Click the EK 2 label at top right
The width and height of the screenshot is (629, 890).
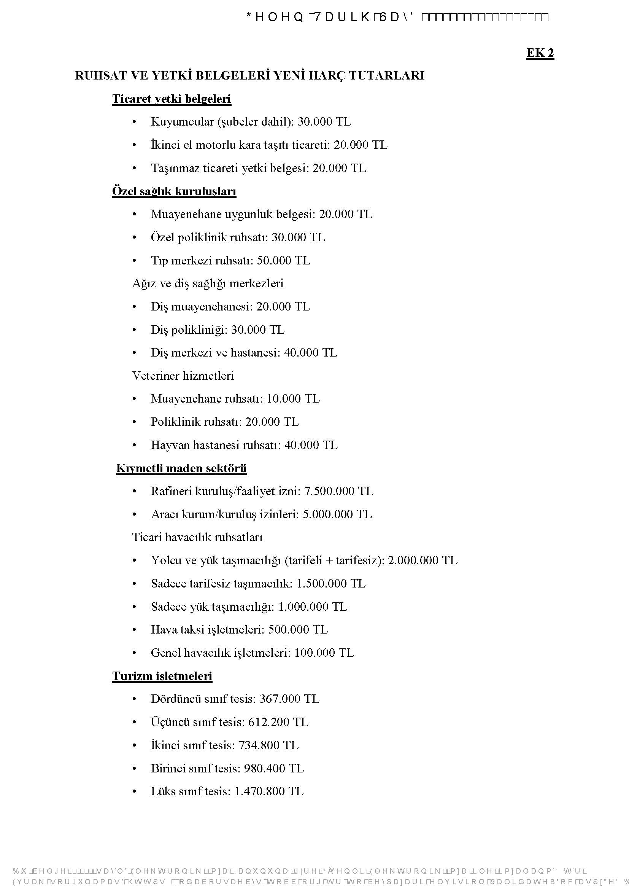pos(540,53)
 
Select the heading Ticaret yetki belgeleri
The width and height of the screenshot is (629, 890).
pos(172,99)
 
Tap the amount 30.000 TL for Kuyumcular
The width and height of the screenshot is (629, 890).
pos(324,122)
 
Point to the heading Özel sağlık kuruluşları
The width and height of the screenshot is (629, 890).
pos(174,191)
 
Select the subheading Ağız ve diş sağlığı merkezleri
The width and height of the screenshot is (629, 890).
pos(208,283)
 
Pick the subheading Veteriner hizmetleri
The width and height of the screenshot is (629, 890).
pos(183,376)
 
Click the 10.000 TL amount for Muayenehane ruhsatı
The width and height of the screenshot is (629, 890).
pos(293,398)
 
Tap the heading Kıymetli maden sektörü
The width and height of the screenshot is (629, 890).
pos(181,468)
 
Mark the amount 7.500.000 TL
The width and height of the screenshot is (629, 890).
pos(338,491)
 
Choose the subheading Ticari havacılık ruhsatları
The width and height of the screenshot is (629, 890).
pos(197,537)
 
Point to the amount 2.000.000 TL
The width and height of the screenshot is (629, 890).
pos(422,560)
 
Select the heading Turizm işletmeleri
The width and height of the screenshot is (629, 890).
pos(162,676)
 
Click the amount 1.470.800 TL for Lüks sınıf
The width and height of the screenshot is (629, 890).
pos(269,791)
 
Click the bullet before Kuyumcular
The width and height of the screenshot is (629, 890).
pos(134,122)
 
